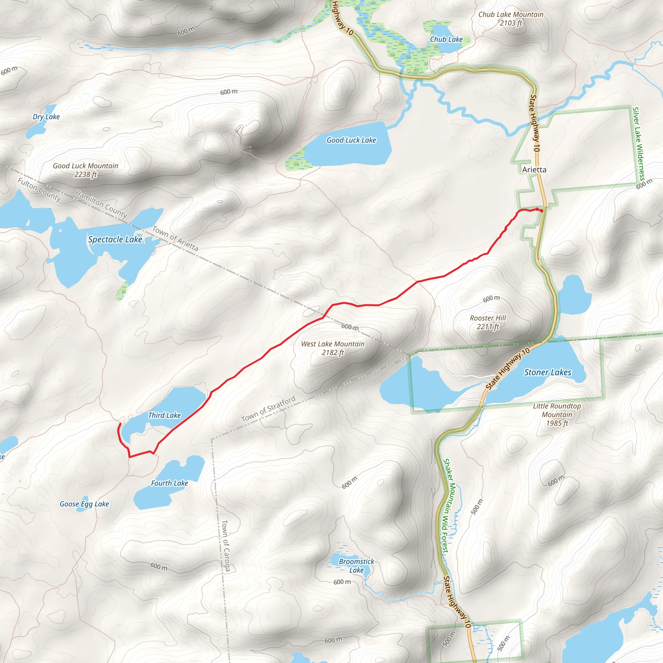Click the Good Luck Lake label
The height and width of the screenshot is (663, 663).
click(351, 140)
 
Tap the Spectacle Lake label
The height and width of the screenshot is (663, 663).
click(115, 240)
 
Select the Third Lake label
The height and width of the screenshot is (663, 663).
click(164, 415)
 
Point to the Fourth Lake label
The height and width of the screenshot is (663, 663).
click(170, 483)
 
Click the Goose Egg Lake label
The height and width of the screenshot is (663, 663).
click(84, 504)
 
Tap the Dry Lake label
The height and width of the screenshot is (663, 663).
click(46, 117)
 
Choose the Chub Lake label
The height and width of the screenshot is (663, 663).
click(446, 39)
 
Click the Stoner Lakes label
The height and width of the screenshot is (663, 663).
click(547, 372)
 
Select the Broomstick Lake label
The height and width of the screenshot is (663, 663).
click(356, 566)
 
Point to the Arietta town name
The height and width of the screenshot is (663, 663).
click(534, 170)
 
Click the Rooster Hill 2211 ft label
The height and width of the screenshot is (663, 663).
click(488, 322)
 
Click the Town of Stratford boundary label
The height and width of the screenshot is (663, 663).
click(268, 409)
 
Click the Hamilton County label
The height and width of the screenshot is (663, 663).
click(101, 204)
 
